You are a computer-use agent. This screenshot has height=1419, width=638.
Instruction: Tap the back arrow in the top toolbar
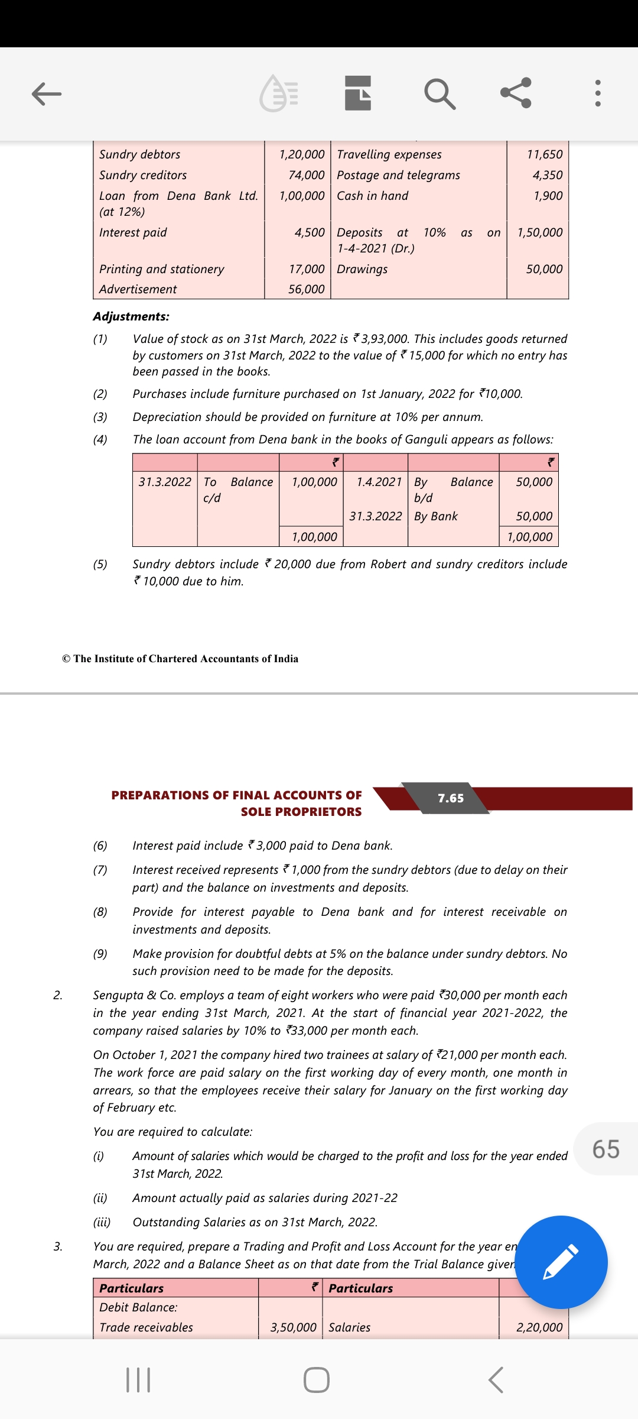pos(47,93)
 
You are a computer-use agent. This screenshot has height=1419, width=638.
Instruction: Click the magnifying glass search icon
pos(440,93)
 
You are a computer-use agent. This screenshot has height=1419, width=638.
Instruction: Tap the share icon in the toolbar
pos(516,93)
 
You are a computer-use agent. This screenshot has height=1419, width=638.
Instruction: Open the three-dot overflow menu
pos(598,93)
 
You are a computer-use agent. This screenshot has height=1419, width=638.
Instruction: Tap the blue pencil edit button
pos(561,1262)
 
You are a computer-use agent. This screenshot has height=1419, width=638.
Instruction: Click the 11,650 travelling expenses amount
pos(545,154)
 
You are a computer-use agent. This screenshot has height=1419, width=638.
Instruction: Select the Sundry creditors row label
pos(143,175)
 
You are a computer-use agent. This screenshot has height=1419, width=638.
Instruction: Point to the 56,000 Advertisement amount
pos(306,289)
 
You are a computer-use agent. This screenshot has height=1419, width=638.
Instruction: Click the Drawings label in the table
pos(362,269)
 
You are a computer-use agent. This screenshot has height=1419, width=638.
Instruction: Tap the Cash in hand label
pos(372,196)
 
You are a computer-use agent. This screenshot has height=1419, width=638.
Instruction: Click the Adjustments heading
pos(131,316)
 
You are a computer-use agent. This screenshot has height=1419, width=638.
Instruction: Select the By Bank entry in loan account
pos(436,516)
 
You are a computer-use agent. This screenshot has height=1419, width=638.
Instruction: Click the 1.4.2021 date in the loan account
pos(379,482)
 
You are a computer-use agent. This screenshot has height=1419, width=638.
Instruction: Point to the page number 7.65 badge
pos(451,798)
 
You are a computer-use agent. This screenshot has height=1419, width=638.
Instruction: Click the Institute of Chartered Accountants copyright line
pos(180,659)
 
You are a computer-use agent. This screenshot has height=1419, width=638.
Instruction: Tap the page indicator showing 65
pos(606,1149)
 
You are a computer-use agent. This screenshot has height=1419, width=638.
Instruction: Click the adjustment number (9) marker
pos(100,954)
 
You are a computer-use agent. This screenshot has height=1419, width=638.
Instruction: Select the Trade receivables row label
pos(146,1327)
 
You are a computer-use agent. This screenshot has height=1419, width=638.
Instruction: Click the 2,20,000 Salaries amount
pos(539,1327)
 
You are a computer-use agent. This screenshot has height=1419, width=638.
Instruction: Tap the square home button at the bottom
pos(317,1380)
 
